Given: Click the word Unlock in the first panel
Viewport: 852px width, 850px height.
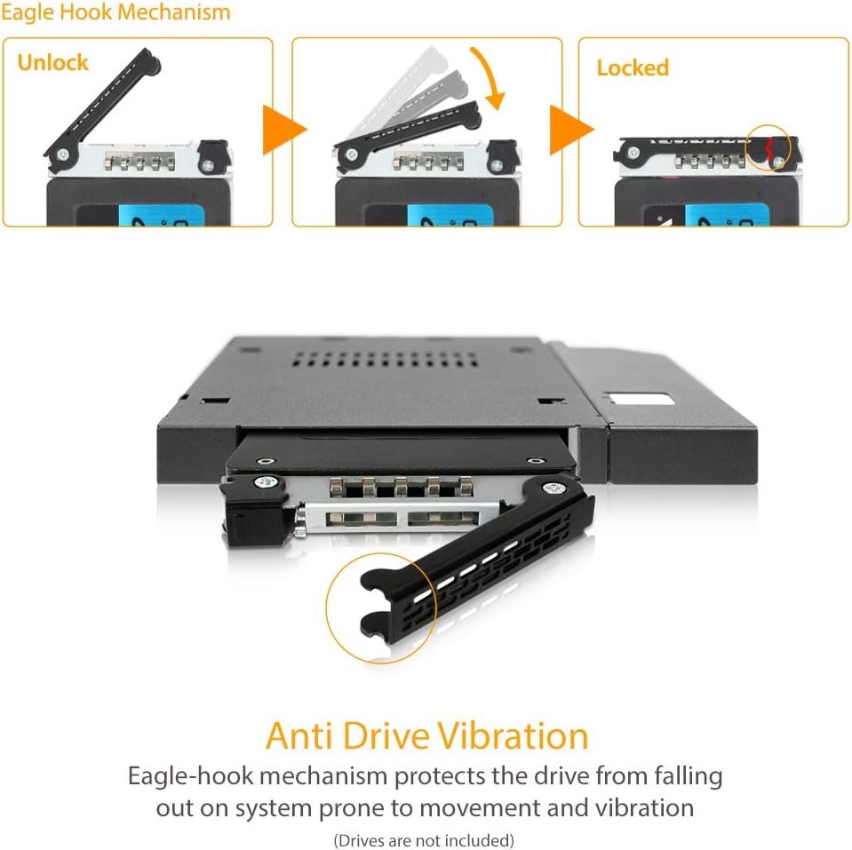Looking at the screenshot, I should [x=52, y=63].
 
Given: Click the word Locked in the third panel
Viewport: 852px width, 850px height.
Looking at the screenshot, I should [x=633, y=68].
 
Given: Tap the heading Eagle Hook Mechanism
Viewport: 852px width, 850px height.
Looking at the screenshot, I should [x=115, y=12].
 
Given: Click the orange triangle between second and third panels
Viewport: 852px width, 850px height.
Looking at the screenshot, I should [x=569, y=131].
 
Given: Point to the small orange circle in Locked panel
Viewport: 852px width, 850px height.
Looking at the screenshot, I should [x=768, y=148].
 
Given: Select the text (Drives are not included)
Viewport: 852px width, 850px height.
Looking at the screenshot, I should [x=424, y=839].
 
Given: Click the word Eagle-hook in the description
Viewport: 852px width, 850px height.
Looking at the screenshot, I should [x=189, y=776].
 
